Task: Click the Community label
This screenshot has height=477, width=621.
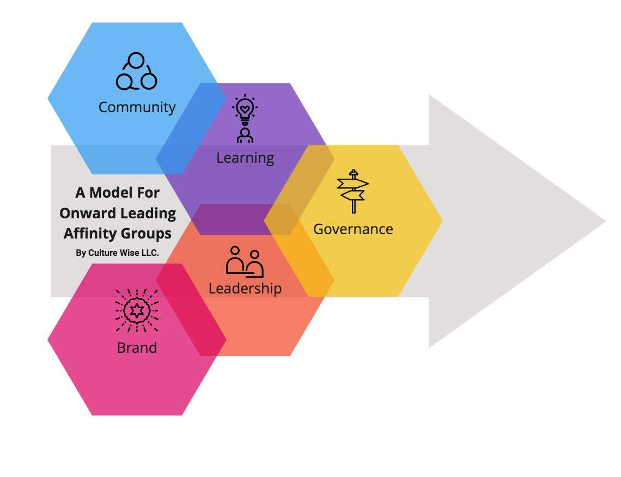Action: point(137,107)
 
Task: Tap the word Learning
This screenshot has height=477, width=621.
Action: point(245,158)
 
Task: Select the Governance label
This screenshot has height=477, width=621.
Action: point(353,229)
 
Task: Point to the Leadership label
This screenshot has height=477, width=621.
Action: point(245,288)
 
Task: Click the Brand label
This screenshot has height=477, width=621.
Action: point(137,347)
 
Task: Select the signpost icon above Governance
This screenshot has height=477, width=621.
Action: point(353,191)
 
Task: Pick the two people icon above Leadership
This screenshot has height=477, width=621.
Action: point(245,261)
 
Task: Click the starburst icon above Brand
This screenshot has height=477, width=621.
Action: point(137,311)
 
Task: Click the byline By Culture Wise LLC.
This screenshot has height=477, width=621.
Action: point(117,253)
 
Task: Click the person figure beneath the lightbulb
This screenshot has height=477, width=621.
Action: point(245,135)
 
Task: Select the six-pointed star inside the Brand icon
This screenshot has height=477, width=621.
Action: point(137,311)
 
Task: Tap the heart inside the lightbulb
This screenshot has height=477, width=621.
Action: point(245,109)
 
